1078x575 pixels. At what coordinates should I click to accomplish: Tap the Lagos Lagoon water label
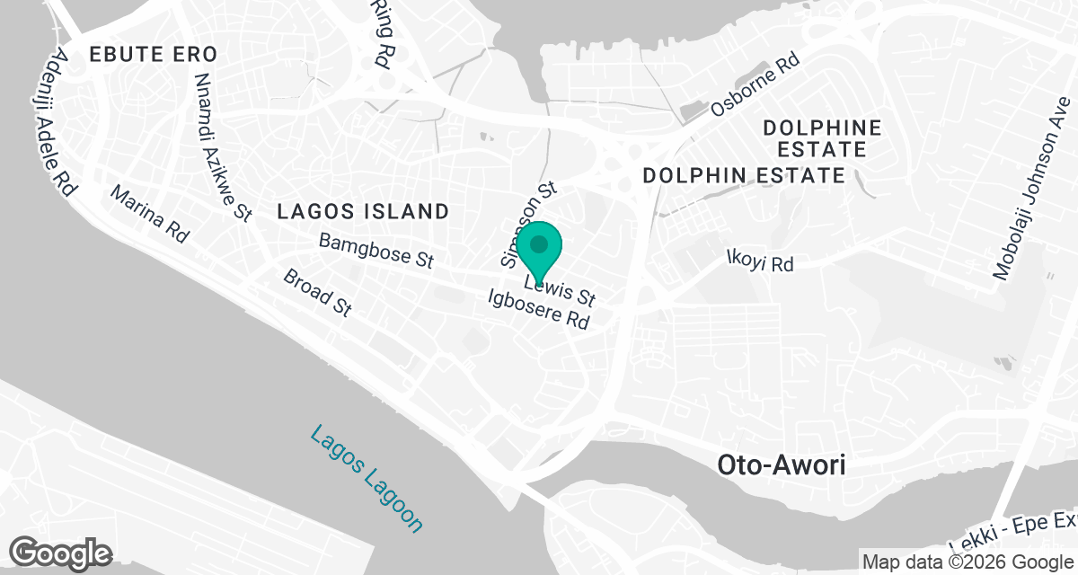click(x=366, y=479)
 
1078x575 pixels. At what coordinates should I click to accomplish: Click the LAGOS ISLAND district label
click(x=363, y=212)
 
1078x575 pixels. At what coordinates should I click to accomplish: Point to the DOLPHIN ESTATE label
click(x=744, y=175)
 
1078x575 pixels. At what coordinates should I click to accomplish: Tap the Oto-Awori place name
click(x=782, y=465)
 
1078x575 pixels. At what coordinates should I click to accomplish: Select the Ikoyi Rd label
click(x=760, y=262)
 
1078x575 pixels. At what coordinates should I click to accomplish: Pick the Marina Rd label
click(x=149, y=215)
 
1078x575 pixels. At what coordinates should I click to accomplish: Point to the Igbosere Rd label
click(x=538, y=308)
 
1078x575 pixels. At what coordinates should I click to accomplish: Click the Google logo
click(x=61, y=553)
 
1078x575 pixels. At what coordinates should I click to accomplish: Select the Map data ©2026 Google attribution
click(x=967, y=562)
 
